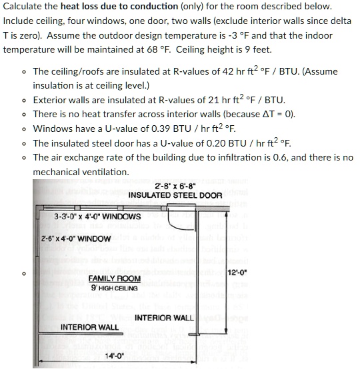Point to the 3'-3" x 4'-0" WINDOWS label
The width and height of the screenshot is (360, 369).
(x=97, y=216)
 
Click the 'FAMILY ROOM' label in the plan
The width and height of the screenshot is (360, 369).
(x=115, y=278)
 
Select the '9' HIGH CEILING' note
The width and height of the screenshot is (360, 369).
(x=115, y=288)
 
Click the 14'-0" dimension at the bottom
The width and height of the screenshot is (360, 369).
(x=115, y=356)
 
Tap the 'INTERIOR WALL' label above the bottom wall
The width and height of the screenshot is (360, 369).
(x=90, y=327)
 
